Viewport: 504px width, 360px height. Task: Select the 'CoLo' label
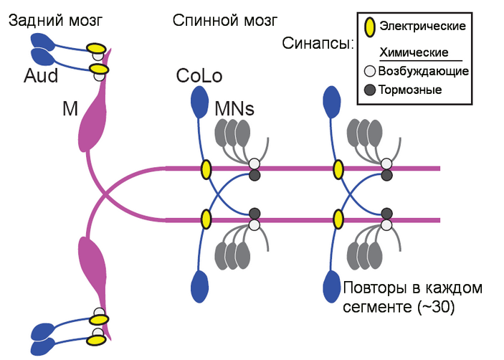coord(199,75)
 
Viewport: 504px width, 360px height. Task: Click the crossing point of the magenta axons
coord(106,194)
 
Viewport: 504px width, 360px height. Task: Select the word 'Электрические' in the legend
coord(423,27)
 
